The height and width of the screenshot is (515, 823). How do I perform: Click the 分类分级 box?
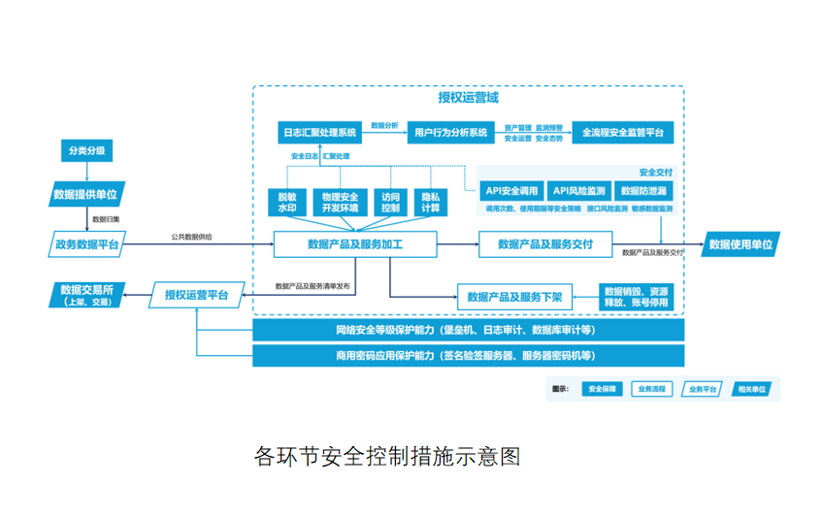(x=86, y=151)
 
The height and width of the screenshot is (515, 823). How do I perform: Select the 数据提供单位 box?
(x=86, y=194)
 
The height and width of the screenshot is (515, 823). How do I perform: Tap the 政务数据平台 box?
(x=86, y=244)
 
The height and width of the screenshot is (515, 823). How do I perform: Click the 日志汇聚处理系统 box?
(x=319, y=132)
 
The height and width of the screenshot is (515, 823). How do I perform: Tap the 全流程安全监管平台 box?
(x=622, y=132)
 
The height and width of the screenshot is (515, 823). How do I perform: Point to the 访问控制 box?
(x=390, y=202)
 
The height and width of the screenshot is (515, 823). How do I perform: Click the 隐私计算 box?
(x=430, y=202)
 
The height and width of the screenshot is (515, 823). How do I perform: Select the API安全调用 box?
(x=511, y=191)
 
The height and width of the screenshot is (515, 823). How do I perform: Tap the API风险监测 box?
(x=578, y=191)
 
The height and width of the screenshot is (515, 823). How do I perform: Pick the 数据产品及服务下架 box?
(x=514, y=297)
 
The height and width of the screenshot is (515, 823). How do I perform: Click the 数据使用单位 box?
(x=741, y=244)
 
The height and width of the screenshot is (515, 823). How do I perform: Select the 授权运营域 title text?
(x=468, y=98)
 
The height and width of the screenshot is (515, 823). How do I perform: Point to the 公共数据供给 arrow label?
(x=191, y=237)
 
